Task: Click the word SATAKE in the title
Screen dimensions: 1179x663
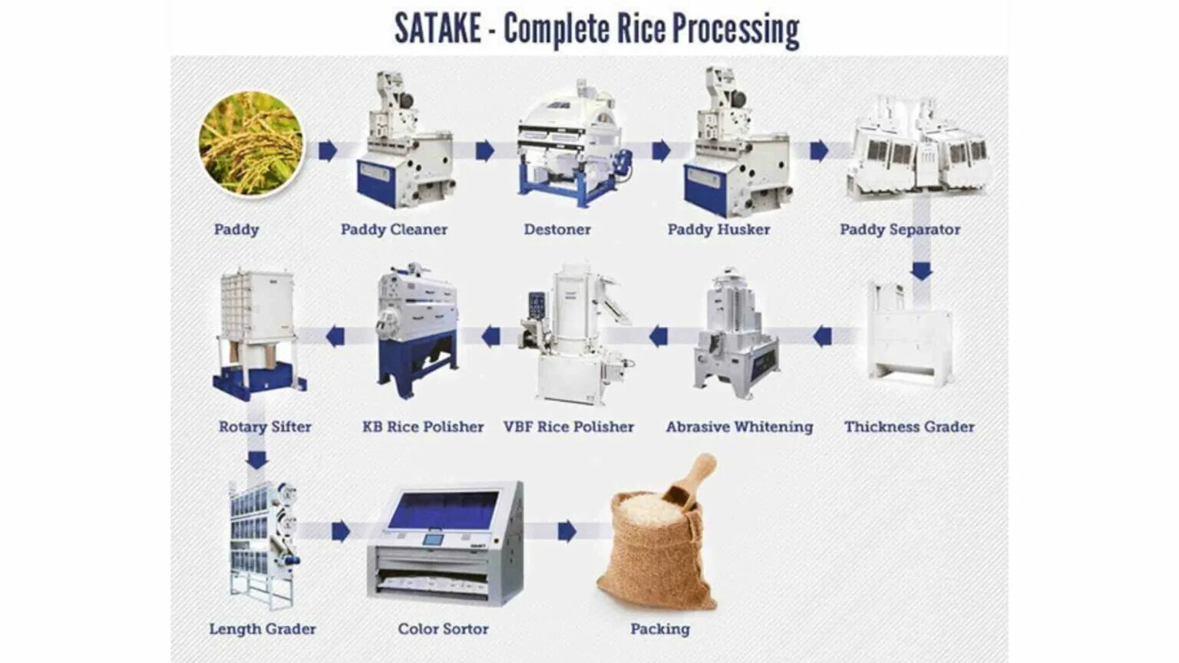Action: click(438, 29)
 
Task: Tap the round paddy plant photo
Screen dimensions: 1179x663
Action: click(251, 143)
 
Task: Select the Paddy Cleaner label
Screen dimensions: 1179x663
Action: click(394, 229)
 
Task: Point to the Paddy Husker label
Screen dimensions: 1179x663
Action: click(718, 229)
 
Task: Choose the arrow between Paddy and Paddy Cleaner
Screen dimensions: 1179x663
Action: click(328, 150)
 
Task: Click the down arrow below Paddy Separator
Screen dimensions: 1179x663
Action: click(921, 271)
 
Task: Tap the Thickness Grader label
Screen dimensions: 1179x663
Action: click(909, 427)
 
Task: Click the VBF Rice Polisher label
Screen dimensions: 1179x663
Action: click(569, 427)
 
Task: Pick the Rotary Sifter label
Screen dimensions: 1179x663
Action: click(265, 427)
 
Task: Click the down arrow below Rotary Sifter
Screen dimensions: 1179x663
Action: click(257, 460)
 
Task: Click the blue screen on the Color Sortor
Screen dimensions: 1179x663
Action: click(443, 510)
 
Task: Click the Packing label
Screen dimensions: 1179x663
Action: click(660, 629)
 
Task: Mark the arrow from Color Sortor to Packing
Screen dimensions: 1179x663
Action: click(567, 531)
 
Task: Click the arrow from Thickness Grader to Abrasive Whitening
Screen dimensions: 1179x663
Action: click(822, 336)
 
